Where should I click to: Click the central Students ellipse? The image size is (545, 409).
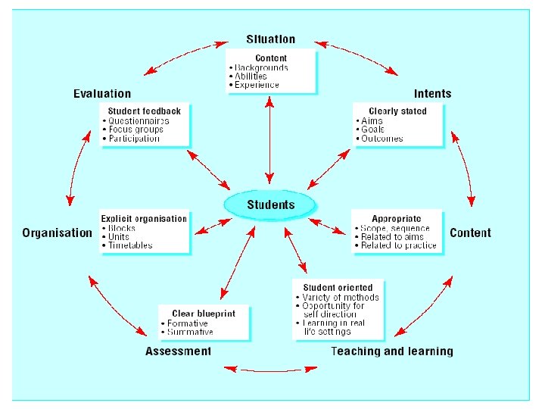pyautogui.click(x=270, y=205)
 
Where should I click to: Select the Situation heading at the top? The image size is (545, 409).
pyautogui.click(x=271, y=39)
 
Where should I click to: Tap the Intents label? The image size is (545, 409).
pyautogui.click(x=432, y=94)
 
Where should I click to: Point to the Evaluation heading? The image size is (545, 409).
pyautogui.click(x=102, y=94)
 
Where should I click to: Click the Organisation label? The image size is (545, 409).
pyautogui.click(x=57, y=233)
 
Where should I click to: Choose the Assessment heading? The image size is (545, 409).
pyautogui.click(x=178, y=351)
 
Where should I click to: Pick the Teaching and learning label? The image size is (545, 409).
pyautogui.click(x=392, y=351)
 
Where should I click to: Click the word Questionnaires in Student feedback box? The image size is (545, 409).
pyautogui.click(x=139, y=120)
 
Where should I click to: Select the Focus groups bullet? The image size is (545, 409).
pyautogui.click(x=135, y=130)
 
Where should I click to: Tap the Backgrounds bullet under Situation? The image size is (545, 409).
pyautogui.click(x=261, y=67)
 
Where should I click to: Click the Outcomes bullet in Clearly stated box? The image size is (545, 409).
pyautogui.click(x=382, y=139)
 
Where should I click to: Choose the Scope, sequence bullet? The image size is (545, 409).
pyautogui.click(x=395, y=228)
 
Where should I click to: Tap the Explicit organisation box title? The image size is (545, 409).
pyautogui.click(x=144, y=219)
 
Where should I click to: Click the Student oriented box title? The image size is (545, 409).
pyautogui.click(x=338, y=288)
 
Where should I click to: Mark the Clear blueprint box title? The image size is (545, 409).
pyautogui.click(x=204, y=314)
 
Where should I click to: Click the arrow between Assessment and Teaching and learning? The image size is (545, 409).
pyautogui.click(x=270, y=370)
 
